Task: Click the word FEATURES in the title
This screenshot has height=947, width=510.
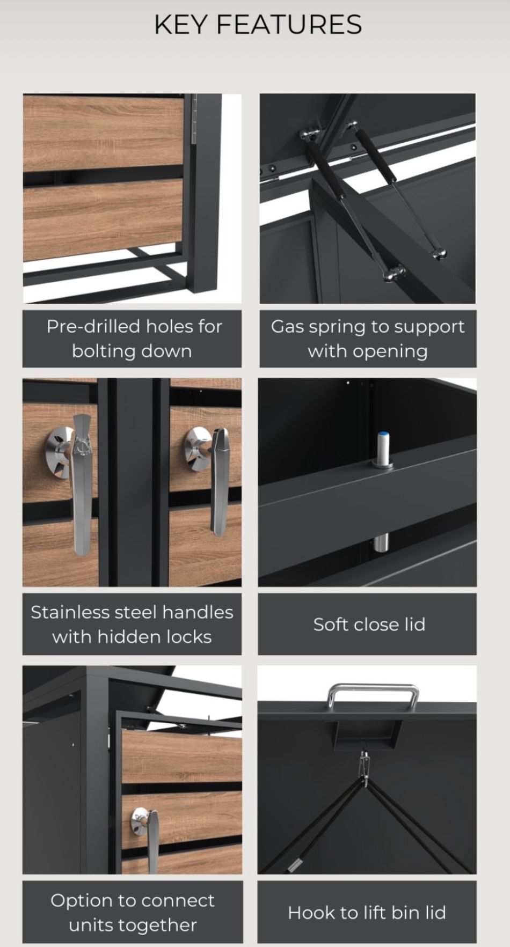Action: pyautogui.click(x=288, y=25)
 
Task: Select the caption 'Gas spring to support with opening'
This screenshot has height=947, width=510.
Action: pyautogui.click(x=368, y=339)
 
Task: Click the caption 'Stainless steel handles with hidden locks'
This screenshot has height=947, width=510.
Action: pyautogui.click(x=132, y=624)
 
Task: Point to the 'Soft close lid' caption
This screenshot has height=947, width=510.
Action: pyautogui.click(x=369, y=624)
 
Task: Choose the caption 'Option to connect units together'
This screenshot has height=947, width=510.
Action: pyautogui.click(x=133, y=912)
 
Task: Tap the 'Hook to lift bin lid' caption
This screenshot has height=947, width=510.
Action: pyautogui.click(x=367, y=912)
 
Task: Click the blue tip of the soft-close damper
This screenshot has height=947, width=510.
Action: pyautogui.click(x=383, y=435)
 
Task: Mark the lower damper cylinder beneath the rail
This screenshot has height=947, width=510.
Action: pyautogui.click(x=381, y=543)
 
